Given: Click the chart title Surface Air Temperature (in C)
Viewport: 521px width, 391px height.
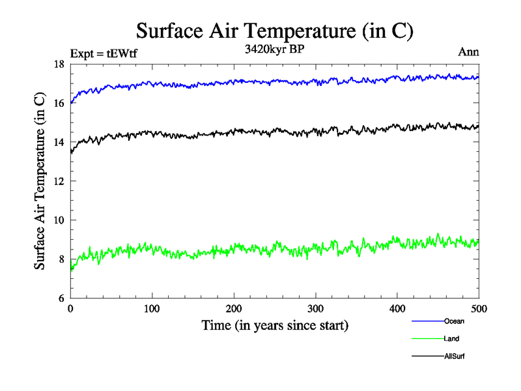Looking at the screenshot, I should [x=274, y=31].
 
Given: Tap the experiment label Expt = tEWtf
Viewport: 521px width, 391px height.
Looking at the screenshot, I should [x=104, y=53].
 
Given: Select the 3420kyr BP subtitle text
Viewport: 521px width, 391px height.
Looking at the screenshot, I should [x=274, y=49].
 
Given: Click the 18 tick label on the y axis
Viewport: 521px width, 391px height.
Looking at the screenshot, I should [x=58, y=64].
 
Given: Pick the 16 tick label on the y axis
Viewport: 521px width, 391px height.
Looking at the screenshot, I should [x=58, y=103].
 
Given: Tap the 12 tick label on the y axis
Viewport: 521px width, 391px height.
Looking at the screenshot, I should [x=58, y=181].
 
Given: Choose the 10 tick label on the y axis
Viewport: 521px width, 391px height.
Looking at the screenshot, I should [x=58, y=220].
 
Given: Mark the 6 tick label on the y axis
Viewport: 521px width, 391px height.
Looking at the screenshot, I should [x=61, y=298].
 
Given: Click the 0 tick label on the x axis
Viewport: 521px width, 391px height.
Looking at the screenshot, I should [x=70, y=309].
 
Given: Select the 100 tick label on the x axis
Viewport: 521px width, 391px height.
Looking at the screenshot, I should [x=152, y=309].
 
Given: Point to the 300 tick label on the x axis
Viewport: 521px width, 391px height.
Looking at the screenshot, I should [x=315, y=309].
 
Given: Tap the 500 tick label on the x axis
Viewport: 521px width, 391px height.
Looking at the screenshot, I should [x=479, y=309].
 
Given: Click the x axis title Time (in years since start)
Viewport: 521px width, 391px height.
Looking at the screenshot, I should [x=274, y=325].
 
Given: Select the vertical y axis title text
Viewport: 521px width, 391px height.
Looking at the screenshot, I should [x=40, y=181].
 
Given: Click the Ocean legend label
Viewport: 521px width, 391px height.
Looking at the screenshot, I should [x=454, y=321].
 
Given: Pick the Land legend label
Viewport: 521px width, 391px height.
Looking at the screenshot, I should [x=451, y=338].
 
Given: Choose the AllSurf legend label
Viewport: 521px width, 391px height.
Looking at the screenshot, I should [x=455, y=356].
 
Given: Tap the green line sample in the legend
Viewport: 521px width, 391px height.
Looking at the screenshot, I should [x=427, y=338].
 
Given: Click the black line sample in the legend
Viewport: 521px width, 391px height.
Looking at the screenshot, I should [x=427, y=356].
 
